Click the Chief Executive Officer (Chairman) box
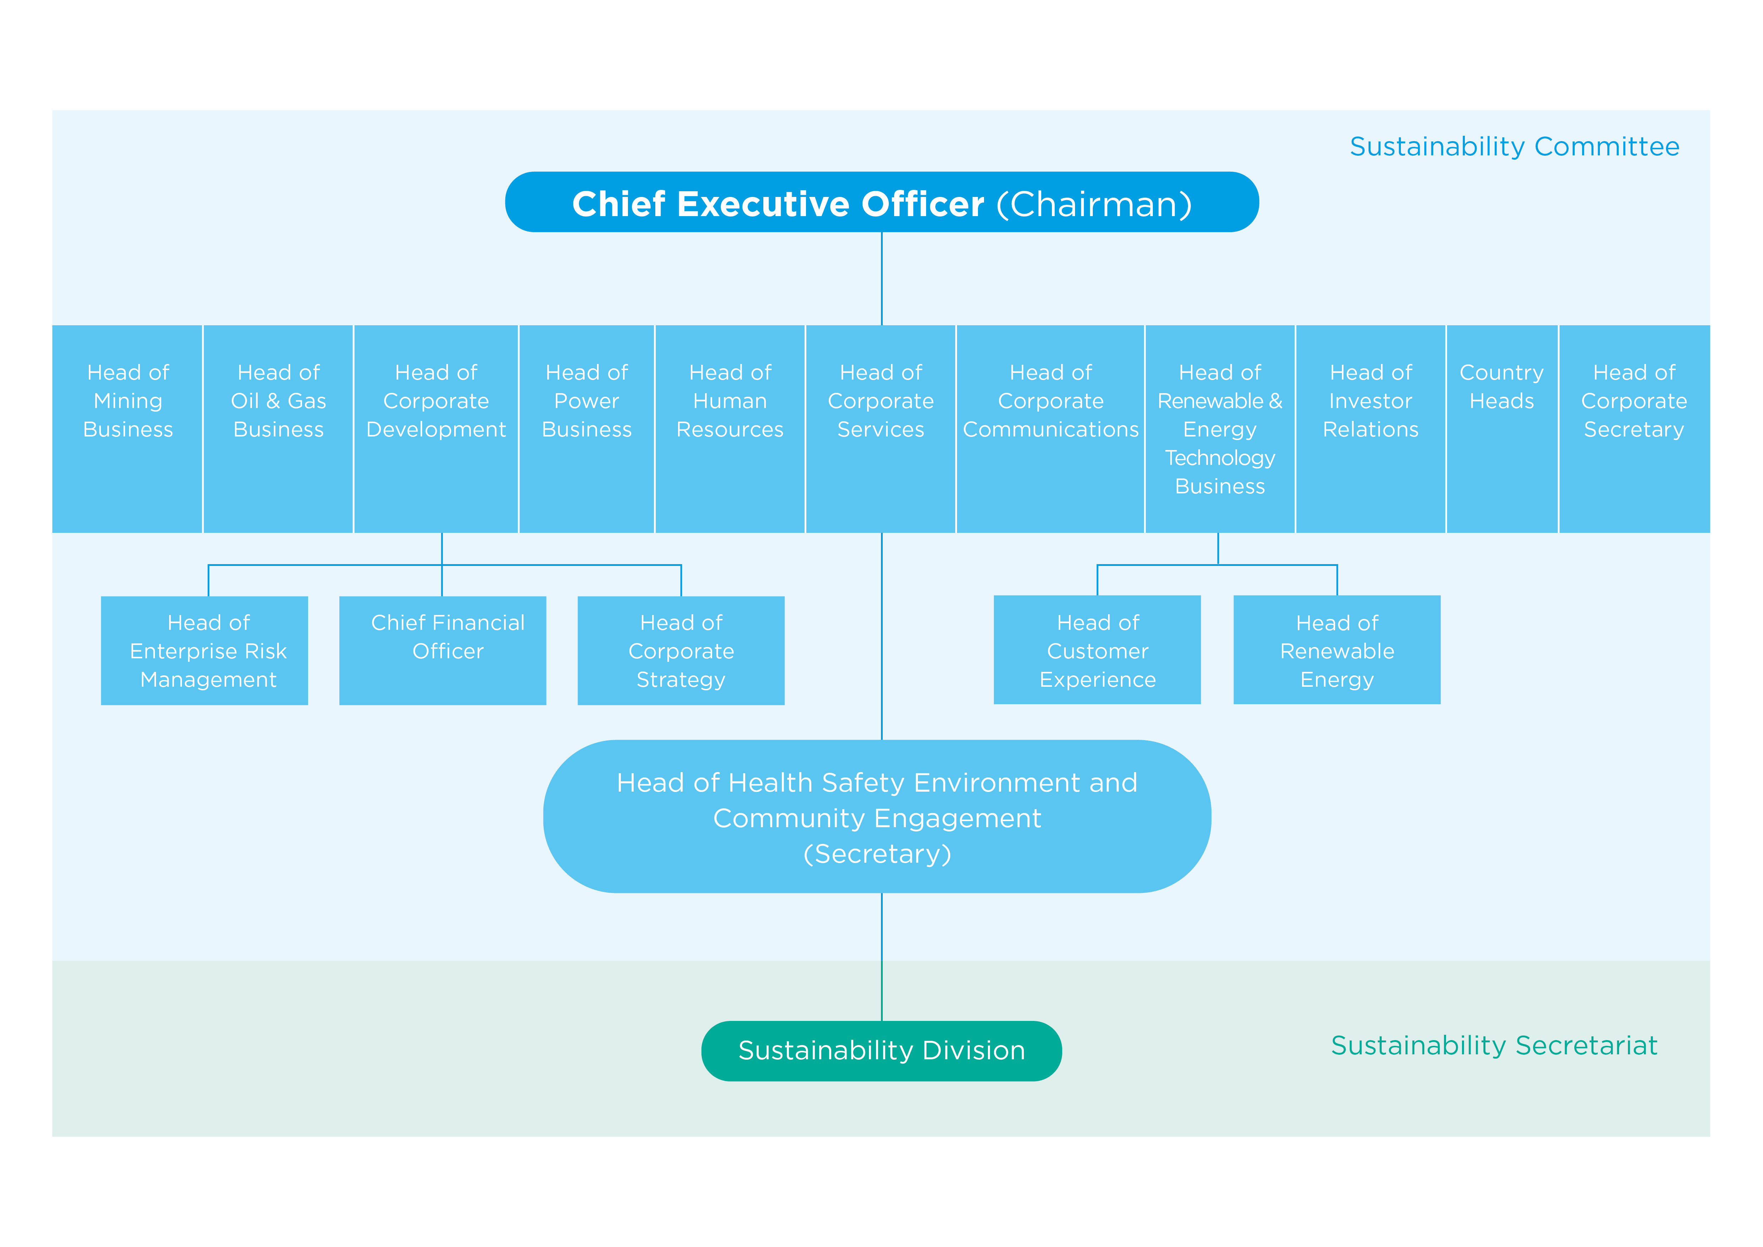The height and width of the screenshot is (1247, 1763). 881,202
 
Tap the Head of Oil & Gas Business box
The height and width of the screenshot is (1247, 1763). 278,428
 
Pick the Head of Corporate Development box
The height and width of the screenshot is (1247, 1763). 436,428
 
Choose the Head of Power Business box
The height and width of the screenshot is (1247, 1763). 587,428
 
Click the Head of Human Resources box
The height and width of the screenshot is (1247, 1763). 730,428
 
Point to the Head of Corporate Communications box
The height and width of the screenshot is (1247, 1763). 1050,428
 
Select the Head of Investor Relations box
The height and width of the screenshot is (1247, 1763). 1371,428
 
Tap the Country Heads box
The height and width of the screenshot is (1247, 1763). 1502,428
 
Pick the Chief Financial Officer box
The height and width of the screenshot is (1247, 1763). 442,651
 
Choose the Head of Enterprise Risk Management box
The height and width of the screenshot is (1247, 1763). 204,651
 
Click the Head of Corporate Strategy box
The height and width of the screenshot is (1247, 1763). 681,651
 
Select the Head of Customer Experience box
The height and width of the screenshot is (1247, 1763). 1097,649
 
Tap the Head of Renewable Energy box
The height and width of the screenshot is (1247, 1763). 1337,649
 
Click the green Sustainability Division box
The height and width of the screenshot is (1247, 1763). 881,1050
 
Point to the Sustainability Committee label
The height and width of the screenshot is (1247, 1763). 1514,146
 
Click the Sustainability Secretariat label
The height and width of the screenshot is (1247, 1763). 1494,1045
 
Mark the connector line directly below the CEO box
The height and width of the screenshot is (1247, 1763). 881,279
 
